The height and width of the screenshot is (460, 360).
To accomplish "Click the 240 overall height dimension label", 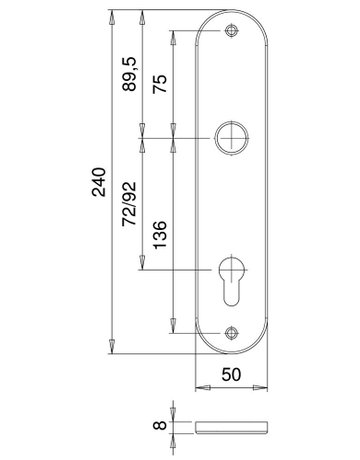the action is [x=99, y=182].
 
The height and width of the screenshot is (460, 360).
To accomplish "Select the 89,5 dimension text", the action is [x=129, y=74].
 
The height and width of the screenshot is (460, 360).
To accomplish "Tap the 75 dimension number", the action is [x=160, y=84].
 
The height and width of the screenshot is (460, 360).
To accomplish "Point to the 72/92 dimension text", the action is [x=129, y=204].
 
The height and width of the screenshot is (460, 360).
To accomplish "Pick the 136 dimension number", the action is [x=160, y=234].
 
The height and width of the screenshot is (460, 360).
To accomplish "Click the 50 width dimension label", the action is [x=231, y=374].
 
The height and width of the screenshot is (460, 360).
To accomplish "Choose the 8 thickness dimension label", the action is [x=160, y=426].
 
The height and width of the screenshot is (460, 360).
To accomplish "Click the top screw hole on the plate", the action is [x=231, y=31].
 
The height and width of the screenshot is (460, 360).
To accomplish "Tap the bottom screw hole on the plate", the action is [x=231, y=333].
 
